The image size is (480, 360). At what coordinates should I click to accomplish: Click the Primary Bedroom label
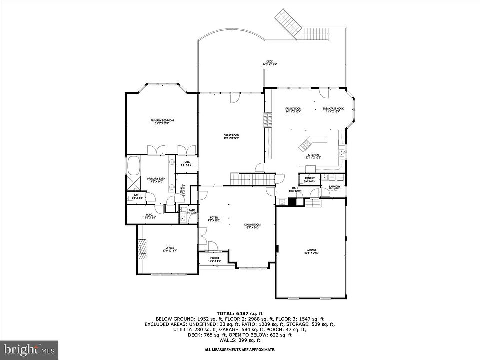[x=162, y=121]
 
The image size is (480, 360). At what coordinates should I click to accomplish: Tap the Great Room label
[x=231, y=136]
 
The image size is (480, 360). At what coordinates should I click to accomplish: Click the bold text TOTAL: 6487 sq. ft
[x=239, y=313]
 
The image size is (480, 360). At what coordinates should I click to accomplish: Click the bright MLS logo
[x=29, y=349]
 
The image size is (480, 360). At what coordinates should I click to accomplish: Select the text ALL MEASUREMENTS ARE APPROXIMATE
[x=239, y=350]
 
